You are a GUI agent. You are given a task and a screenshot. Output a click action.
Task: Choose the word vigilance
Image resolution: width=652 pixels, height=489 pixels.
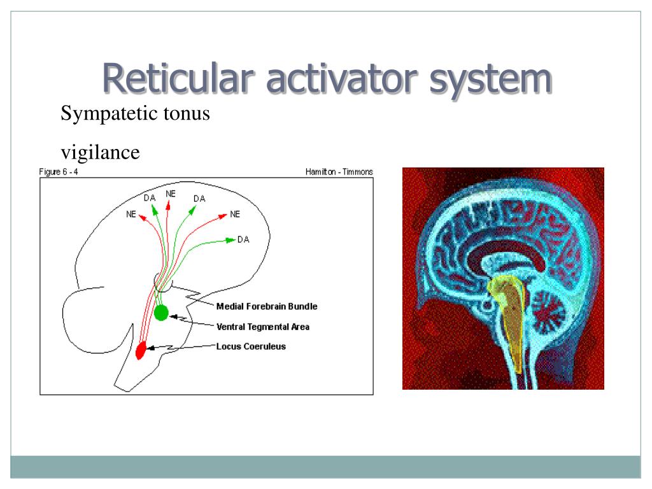[99, 153]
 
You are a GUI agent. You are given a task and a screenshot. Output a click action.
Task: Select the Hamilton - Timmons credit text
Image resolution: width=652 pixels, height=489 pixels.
[339, 172]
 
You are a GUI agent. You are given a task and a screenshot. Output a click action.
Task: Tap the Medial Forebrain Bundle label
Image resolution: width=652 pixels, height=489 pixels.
[266, 306]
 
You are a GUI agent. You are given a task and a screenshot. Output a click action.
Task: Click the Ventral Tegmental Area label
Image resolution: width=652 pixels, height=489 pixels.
[262, 327]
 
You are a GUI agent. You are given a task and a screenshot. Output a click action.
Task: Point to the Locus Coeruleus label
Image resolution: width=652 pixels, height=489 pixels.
[251, 346]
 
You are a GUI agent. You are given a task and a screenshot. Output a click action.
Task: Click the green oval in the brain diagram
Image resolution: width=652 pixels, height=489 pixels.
[161, 313]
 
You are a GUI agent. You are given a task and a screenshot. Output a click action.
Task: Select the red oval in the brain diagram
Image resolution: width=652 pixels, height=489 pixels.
[141, 349]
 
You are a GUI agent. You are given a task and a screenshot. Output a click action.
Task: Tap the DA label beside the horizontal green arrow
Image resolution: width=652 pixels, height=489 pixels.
[243, 239]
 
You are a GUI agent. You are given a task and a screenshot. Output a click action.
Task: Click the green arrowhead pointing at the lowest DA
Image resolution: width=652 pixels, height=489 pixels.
[230, 240]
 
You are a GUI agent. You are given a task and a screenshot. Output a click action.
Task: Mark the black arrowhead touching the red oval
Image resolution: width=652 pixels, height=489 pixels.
[152, 348]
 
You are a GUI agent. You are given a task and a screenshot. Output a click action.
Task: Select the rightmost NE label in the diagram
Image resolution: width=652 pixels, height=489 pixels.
[235, 215]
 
